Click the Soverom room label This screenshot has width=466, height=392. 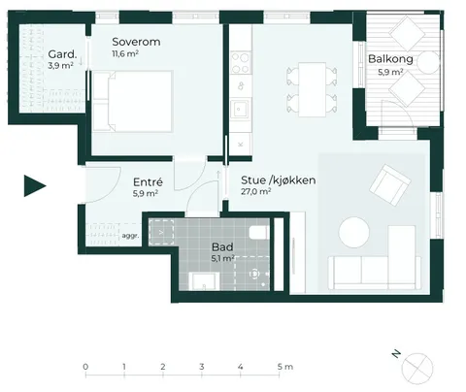[x=136, y=42]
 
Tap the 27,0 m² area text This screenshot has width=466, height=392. [x=255, y=191]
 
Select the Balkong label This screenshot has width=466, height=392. [x=390, y=59]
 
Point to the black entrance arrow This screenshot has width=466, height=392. [x=35, y=185]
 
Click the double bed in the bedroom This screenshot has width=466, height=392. [x=132, y=102]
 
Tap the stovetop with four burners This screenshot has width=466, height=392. [x=241, y=63]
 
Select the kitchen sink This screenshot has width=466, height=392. [x=240, y=110]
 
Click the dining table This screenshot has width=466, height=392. [x=312, y=89]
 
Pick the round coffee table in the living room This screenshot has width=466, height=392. [x=354, y=233]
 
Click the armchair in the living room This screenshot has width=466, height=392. [x=390, y=185]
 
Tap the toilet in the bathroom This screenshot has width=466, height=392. [x=258, y=232]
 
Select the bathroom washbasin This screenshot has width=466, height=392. [x=204, y=281]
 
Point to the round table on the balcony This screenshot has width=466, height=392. [x=428, y=62]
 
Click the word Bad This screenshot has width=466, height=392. [x=222, y=247]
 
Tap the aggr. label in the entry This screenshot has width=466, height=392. [x=130, y=236]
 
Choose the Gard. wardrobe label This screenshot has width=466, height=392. [x=62, y=54]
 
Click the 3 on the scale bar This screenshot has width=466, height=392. [x=202, y=367]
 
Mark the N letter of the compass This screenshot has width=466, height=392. [x=396, y=354]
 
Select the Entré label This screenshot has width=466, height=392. [x=148, y=182]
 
